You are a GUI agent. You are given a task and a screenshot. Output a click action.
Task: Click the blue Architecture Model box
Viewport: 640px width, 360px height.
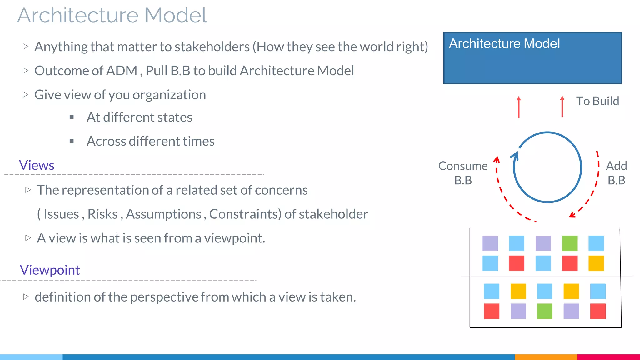tap(532, 58)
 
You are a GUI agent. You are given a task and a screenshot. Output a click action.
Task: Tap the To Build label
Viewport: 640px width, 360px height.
tap(597, 101)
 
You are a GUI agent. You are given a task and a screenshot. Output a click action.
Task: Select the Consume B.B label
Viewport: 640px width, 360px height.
tap(463, 173)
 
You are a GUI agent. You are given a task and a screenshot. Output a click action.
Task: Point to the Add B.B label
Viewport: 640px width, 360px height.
tap(616, 173)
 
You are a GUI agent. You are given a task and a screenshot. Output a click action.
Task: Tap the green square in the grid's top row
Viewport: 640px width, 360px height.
tap(570, 243)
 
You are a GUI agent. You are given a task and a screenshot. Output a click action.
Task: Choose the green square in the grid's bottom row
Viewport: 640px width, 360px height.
tap(544, 311)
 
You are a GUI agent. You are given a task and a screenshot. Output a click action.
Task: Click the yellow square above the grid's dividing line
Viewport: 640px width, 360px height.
tap(596, 263)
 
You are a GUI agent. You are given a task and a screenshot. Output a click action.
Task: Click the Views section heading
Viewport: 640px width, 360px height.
tap(37, 165)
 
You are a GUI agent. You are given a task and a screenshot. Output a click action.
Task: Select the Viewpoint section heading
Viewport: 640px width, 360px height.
tap(50, 270)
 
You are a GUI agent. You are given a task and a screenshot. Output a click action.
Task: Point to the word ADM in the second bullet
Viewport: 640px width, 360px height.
tap(122, 71)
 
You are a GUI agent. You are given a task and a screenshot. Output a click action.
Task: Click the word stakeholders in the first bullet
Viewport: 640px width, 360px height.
tap(212, 47)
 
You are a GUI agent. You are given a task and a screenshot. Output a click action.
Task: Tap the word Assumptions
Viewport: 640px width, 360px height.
tap(163, 214)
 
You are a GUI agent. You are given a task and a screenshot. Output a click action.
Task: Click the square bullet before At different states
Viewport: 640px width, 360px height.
tap(72, 117)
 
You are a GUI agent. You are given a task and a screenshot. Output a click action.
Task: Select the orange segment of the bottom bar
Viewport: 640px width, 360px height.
tap(546, 357)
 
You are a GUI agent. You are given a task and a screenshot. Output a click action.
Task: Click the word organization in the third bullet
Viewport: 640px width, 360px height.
tap(169, 95)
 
